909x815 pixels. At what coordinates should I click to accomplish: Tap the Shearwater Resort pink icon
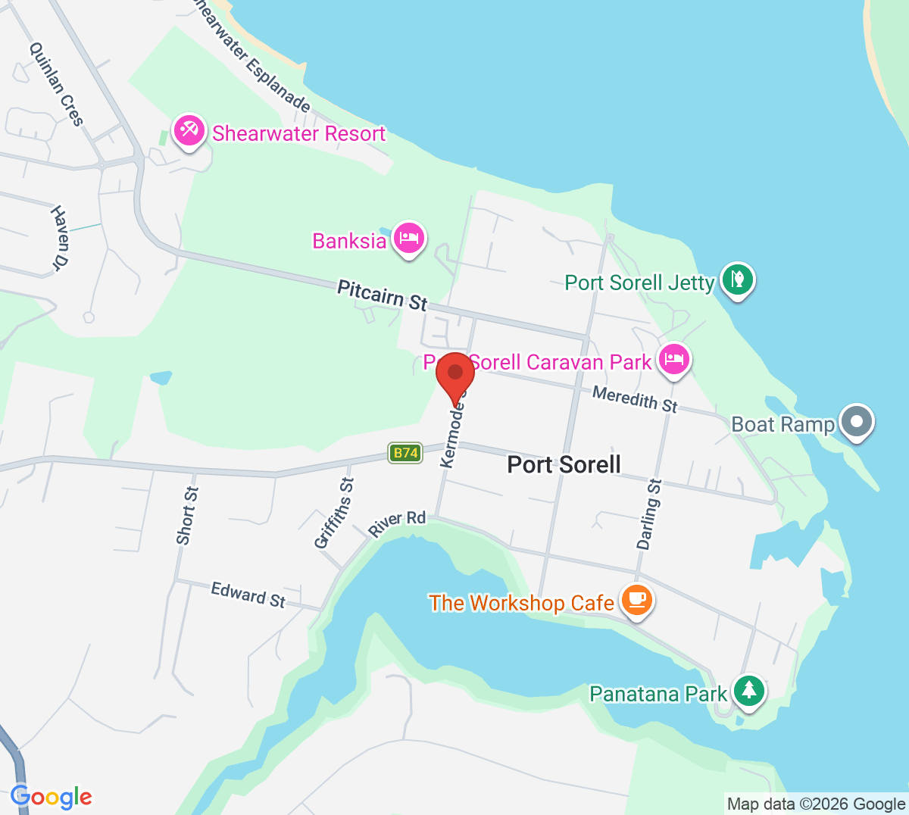(189, 131)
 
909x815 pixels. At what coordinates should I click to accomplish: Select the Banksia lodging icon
(409, 239)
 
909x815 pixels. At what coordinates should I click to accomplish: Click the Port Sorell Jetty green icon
(737, 280)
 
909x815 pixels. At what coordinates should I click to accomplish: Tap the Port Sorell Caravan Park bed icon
(673, 359)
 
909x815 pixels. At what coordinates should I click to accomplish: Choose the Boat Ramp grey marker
(857, 421)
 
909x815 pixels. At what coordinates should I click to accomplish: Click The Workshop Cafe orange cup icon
(637, 600)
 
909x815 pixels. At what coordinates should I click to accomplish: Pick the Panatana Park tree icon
(749, 690)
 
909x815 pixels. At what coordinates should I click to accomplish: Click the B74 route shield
(405, 453)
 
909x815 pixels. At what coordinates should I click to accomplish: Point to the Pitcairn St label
(382, 295)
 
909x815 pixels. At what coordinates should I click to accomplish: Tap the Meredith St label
(635, 398)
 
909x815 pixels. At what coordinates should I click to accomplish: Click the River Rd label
(397, 523)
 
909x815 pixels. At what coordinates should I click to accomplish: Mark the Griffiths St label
(334, 513)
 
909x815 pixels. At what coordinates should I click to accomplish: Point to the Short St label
(186, 515)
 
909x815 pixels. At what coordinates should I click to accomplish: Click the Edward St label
(248, 595)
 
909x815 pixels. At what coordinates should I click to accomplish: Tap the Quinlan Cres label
(56, 83)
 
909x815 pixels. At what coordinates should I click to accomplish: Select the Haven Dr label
(60, 237)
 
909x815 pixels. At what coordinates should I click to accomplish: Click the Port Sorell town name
(564, 464)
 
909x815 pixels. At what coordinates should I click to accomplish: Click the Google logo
(51, 797)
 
